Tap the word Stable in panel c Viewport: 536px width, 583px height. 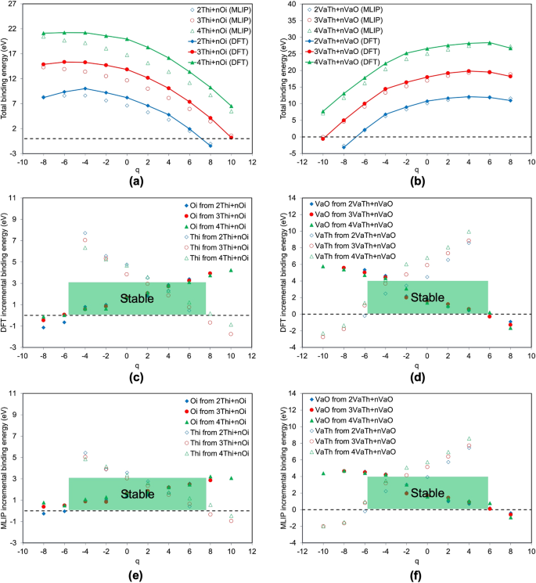pyautogui.click(x=137, y=298)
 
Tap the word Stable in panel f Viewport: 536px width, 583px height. pyautogui.click(x=427, y=493)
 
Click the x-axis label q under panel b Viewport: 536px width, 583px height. pyautogui.click(x=427, y=167)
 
